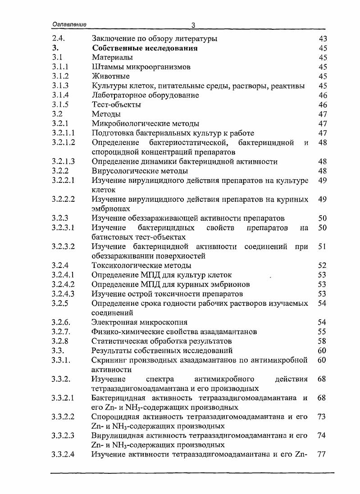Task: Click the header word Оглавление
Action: tap(69, 25)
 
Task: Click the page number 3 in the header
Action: tap(192, 26)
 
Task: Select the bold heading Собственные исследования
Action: tap(145, 48)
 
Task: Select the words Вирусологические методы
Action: tap(140, 171)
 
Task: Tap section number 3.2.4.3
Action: tap(63, 294)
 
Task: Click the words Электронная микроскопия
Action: tap(139, 322)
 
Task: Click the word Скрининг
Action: tap(108, 360)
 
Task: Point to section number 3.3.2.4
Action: tap(63, 454)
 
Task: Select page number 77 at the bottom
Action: tap(322, 454)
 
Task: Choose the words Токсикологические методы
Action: tap(141, 266)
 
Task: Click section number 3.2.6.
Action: tap(61, 322)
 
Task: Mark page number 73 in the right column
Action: tap(322, 417)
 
